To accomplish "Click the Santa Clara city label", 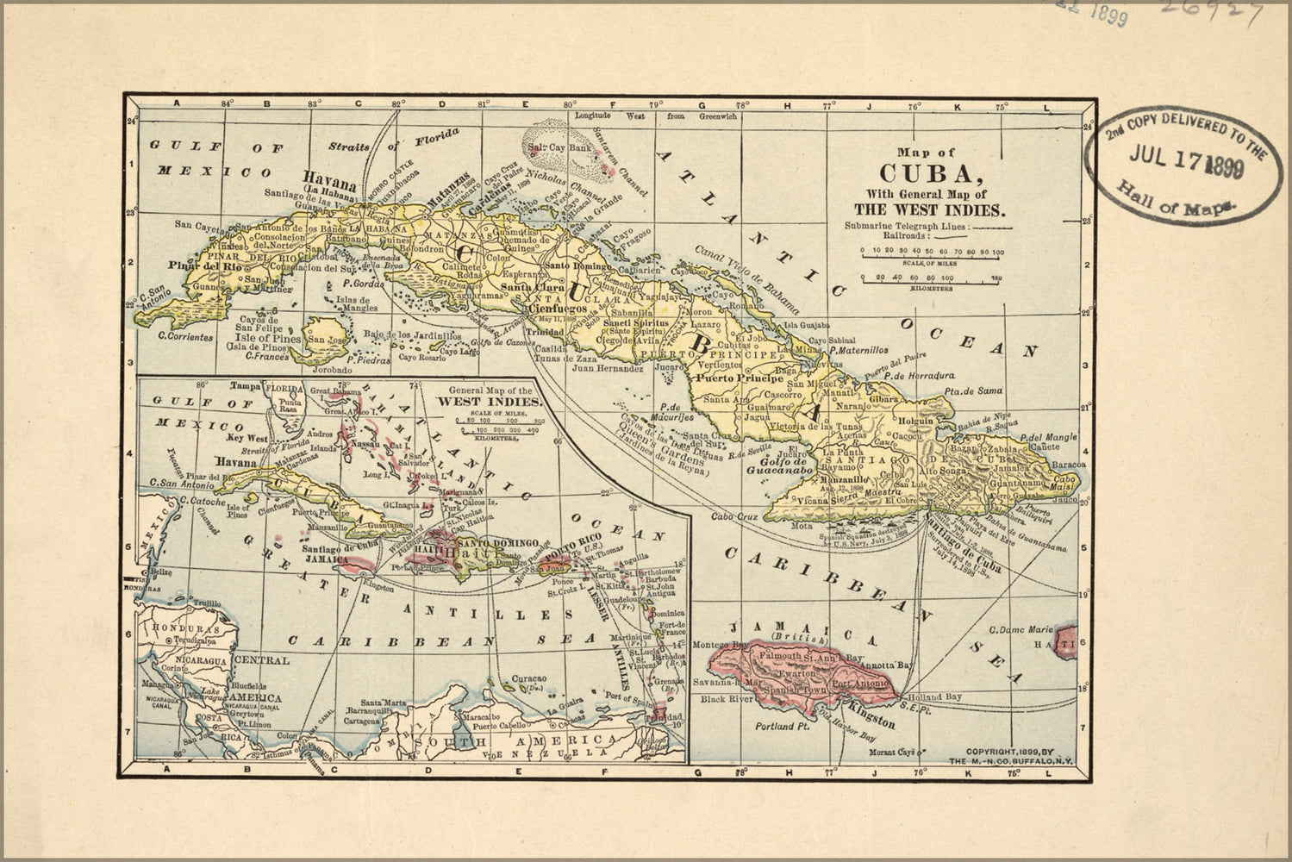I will (x=527, y=287).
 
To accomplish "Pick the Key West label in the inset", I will (x=245, y=437).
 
